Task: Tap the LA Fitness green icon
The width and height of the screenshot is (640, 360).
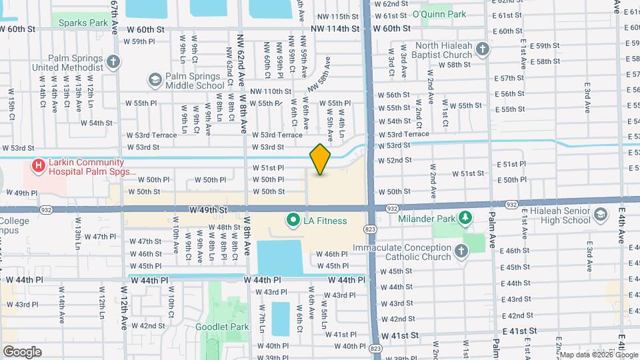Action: click(292, 219)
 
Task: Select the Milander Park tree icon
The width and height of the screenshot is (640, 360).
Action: click(467, 219)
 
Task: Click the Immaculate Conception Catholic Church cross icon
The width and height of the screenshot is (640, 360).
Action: click(461, 251)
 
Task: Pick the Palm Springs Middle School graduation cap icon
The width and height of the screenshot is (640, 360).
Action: click(155, 81)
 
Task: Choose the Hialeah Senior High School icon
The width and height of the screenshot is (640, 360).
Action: click(600, 214)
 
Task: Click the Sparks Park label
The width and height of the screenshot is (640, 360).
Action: click(83, 23)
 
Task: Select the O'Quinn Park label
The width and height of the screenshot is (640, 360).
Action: click(439, 14)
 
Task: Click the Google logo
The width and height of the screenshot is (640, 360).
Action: click(22, 351)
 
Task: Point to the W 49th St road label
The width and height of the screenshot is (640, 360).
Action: click(208, 209)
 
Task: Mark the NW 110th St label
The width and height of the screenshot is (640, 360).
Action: click(271, 91)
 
